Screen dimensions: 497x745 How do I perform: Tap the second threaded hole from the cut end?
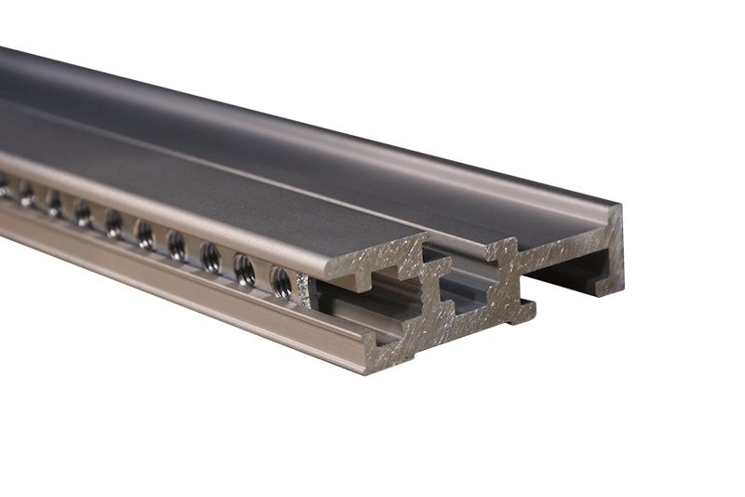[x=244, y=268]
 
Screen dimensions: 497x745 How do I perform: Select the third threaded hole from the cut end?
[x=210, y=256]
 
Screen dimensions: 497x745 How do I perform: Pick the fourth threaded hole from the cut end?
[x=176, y=245]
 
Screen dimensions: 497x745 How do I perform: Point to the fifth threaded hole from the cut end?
[x=145, y=233]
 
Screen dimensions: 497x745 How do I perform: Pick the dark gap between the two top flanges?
[x=456, y=249]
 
